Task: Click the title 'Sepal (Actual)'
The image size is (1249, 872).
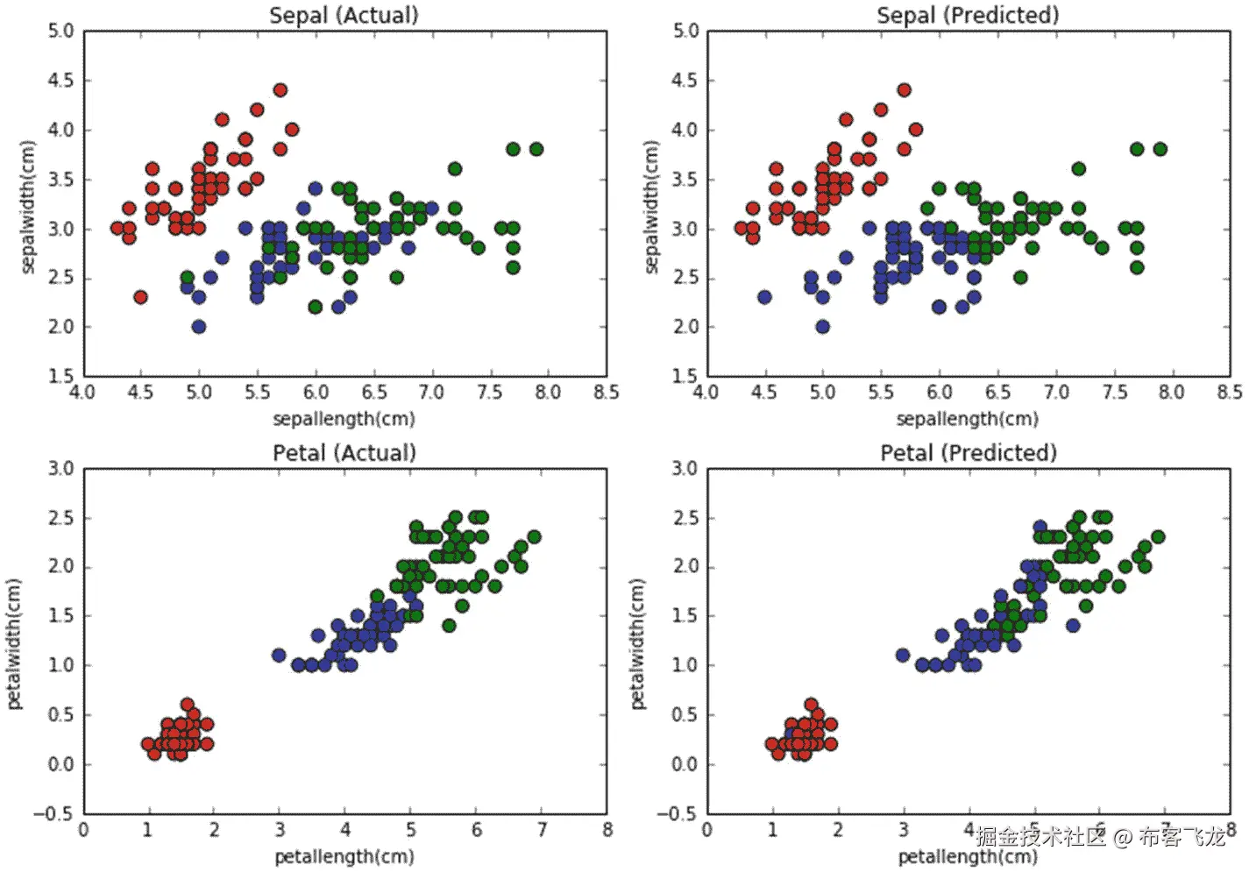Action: coord(344,15)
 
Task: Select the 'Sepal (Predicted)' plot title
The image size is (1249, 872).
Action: coord(968,15)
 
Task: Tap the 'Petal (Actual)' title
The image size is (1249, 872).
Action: coord(344,452)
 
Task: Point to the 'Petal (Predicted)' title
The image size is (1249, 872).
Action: coord(968,452)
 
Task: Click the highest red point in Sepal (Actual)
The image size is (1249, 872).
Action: coord(280,90)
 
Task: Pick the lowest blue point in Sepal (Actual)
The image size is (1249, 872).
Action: coord(199,327)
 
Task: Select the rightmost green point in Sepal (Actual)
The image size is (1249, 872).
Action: coord(536,149)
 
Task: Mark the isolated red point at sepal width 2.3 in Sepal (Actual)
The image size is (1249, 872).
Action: coord(140,297)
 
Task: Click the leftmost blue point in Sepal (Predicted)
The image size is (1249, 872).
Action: coord(764,297)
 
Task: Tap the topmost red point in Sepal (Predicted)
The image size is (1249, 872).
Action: coord(904,90)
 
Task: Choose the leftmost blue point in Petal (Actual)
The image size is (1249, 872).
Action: coord(279,656)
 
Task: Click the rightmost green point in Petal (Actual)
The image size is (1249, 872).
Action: coord(534,537)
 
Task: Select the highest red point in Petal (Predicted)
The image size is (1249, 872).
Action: coord(811,705)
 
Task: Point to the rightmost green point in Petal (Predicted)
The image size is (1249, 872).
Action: coord(1158,537)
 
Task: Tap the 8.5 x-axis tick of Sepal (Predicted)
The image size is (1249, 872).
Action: coord(1230,392)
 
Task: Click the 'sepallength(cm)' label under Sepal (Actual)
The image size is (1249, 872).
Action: coord(344,419)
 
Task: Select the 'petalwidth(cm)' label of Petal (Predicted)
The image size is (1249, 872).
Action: coord(637,643)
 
